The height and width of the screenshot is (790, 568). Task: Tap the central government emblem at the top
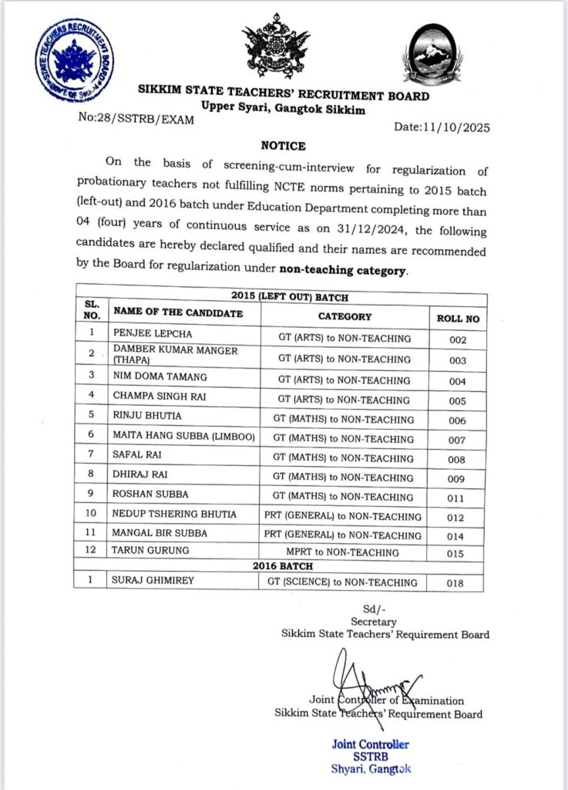click(275, 50)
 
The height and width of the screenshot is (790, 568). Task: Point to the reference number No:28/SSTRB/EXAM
click(135, 119)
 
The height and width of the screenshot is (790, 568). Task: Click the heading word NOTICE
click(283, 146)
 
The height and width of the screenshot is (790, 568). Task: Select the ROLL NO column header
click(457, 316)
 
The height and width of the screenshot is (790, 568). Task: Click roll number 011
click(457, 498)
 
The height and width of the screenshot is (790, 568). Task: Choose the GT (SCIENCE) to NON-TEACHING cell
click(344, 582)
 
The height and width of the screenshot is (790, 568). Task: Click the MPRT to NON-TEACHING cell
click(344, 552)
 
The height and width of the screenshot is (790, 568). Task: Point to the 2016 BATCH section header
click(281, 567)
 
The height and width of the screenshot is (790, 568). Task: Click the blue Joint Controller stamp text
click(370, 744)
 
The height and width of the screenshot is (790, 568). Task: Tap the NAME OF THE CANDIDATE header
click(178, 312)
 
